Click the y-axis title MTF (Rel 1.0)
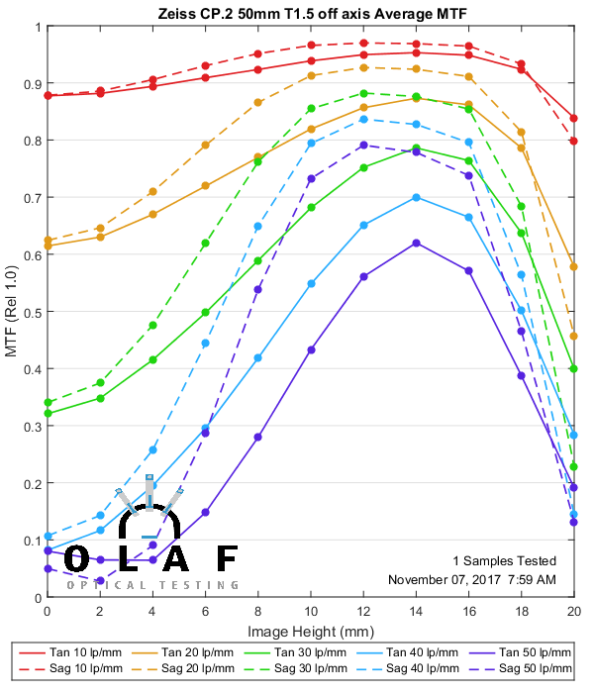11,312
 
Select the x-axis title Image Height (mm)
310,631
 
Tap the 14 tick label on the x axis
416,613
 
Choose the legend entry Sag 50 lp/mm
522,670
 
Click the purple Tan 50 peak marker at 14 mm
416,243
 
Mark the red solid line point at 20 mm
573,118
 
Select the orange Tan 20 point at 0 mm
48,246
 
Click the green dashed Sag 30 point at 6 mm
206,243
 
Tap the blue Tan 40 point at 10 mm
311,284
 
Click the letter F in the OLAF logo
227,560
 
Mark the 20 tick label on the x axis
573,613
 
